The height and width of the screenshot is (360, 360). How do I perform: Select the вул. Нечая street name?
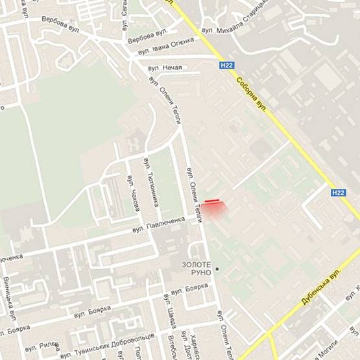pos(165,67)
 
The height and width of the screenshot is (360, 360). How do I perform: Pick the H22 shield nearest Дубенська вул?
pos(338,193)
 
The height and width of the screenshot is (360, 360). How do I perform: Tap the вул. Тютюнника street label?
pos(154,190)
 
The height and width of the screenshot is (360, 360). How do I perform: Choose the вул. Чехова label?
pos(134,193)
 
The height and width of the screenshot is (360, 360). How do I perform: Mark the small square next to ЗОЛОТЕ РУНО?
pos(218,269)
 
